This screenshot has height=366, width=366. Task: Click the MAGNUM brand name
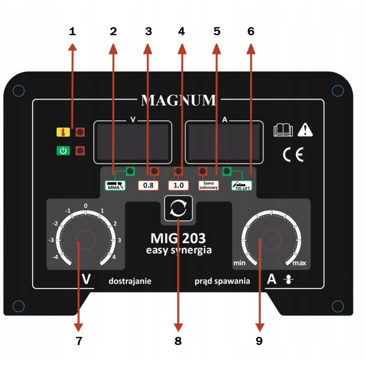click(x=178, y=100)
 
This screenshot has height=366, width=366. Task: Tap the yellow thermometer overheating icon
click(x=63, y=132)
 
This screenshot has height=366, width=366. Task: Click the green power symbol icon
click(x=63, y=151)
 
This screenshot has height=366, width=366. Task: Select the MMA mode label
click(x=115, y=186)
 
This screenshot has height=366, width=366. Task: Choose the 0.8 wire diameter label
click(x=148, y=186)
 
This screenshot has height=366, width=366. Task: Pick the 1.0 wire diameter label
click(x=178, y=186)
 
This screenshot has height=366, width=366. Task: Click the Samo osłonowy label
click(x=209, y=186)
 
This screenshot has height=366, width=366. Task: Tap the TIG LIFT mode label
click(x=242, y=186)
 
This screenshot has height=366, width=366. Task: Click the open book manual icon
click(x=283, y=130)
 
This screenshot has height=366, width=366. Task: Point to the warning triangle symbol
click(x=305, y=130)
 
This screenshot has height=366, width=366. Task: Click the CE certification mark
click(x=293, y=155)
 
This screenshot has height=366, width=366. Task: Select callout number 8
click(x=178, y=341)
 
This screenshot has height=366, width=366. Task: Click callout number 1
click(x=73, y=31)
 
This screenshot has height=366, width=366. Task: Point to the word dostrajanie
click(x=130, y=281)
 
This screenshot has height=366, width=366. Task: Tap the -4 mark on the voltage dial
click(x=55, y=257)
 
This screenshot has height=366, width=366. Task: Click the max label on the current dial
click(x=299, y=263)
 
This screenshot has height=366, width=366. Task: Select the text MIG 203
click(x=178, y=238)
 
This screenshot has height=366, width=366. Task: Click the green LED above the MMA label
click(x=130, y=171)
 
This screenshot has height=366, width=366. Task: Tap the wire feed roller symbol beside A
click(x=289, y=280)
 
